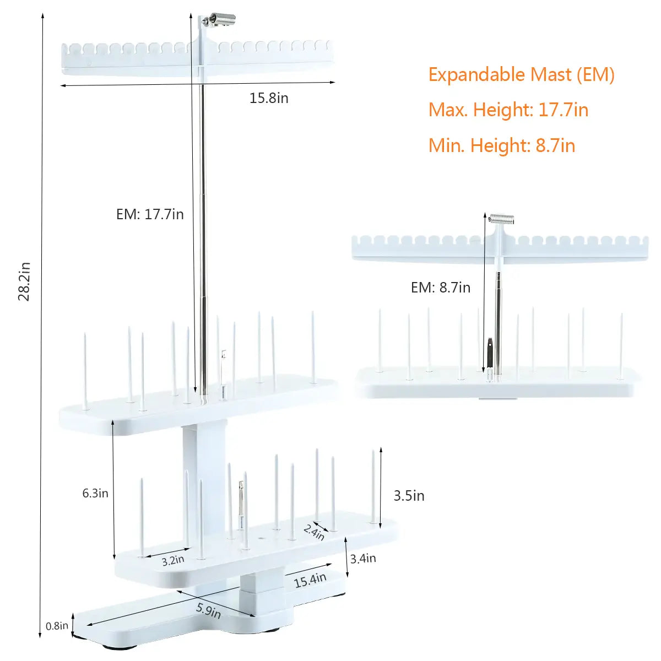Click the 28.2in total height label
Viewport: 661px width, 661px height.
[24, 281]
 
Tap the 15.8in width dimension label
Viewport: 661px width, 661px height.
[269, 98]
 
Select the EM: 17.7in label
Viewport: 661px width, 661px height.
[150, 214]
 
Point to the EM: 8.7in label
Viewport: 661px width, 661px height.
[441, 288]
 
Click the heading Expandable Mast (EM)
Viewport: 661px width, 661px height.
[522, 75]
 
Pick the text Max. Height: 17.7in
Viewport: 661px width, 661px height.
[508, 110]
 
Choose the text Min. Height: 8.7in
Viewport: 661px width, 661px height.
[502, 145]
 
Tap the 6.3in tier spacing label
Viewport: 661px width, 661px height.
[95, 493]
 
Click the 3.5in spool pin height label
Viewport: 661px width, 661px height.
[409, 496]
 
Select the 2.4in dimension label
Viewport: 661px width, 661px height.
[314, 532]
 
